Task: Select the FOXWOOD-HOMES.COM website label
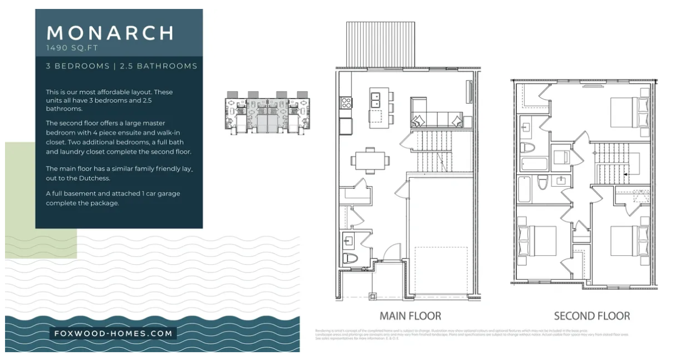pyautogui.click(x=114, y=334)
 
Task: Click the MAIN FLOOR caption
pyautogui.click(x=410, y=316)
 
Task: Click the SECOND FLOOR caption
pyautogui.click(x=591, y=316)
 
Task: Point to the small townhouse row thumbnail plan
pyautogui.click(x=267, y=112)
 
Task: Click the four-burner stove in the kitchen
pyautogui.click(x=346, y=103)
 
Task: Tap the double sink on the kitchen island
pyautogui.click(x=375, y=100)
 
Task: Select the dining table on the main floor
pyautogui.click(x=370, y=160)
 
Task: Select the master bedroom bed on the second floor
pyautogui.click(x=629, y=111)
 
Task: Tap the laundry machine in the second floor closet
pyautogui.click(x=560, y=156)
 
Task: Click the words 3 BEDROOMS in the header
pyautogui.click(x=77, y=66)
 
